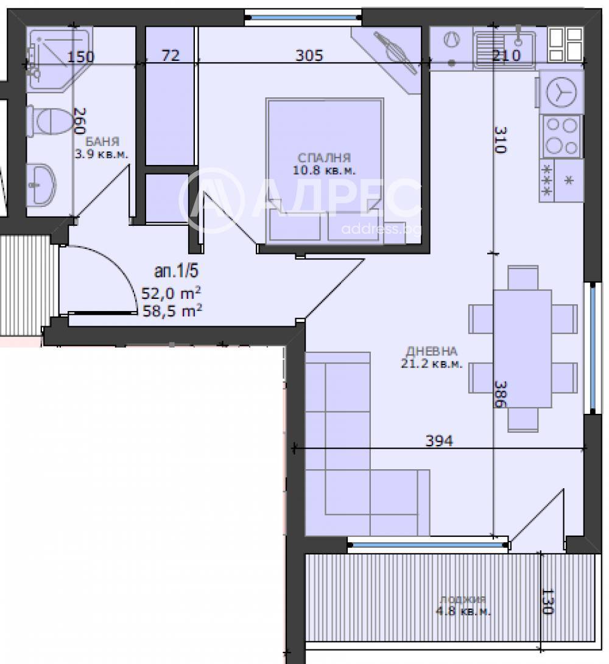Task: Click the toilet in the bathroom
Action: (50, 122)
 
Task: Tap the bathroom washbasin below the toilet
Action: (41, 185)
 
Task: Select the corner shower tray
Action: (59, 59)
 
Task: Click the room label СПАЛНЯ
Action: (324, 158)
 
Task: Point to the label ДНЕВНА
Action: (431, 351)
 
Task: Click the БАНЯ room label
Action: (102, 141)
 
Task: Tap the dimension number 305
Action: (309, 55)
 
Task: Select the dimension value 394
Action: (439, 441)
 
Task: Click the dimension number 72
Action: (171, 55)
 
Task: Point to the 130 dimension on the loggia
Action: (547, 602)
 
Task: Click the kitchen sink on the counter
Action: (504, 50)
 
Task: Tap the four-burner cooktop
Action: (561, 136)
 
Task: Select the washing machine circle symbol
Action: (561, 93)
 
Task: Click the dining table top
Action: (523, 349)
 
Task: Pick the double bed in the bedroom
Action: (325, 172)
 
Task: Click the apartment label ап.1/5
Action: (176, 271)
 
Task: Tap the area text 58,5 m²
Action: (172, 311)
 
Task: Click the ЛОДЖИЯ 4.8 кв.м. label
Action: (463, 606)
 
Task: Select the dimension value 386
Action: (501, 394)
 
